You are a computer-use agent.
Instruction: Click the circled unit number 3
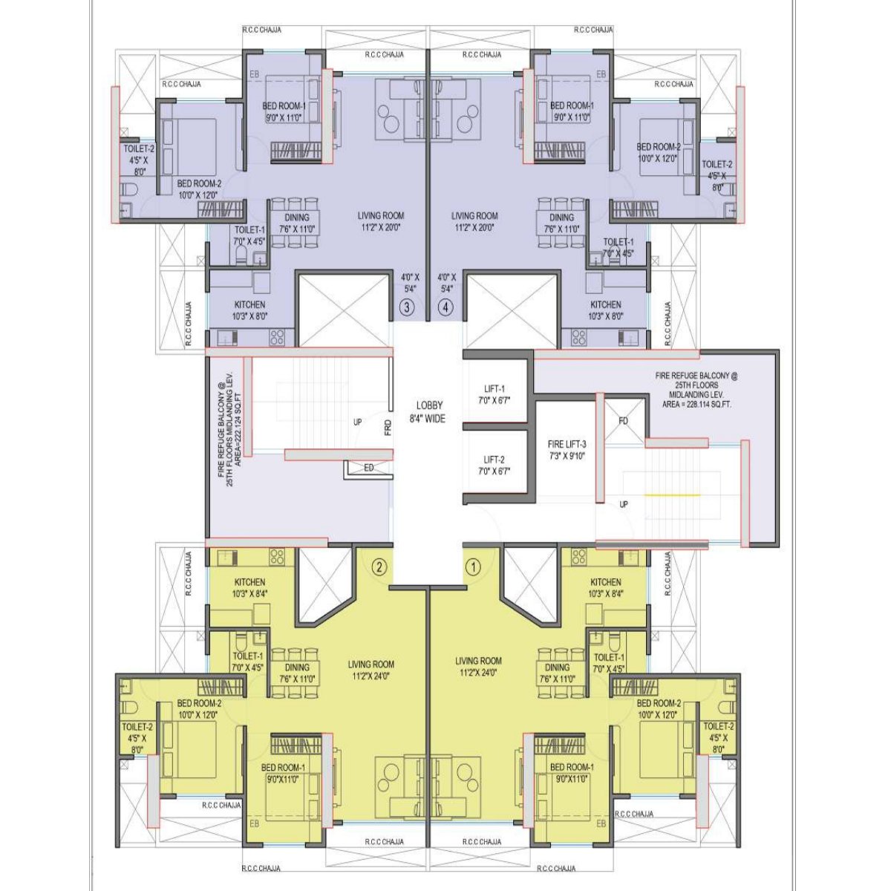pos(407,307)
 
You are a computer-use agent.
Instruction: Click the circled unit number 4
pos(446,307)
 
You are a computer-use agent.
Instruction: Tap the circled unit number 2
pos(379,567)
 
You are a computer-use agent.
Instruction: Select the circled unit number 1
pos(472,567)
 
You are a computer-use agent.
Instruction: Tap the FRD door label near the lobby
pos(388,428)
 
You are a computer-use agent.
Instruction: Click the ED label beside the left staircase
pos(369,468)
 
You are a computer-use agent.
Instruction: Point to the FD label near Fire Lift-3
pos(623,421)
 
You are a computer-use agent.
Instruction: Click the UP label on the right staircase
pos(624,504)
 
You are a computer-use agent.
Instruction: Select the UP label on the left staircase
pos(358,422)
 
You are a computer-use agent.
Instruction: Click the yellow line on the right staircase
pos(672,495)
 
